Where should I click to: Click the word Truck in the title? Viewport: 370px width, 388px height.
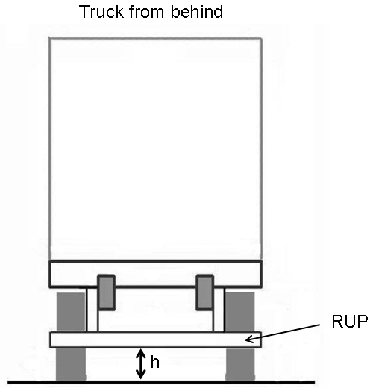[101, 12]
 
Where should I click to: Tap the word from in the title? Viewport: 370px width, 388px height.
[147, 12]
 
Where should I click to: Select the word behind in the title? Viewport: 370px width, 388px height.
[197, 12]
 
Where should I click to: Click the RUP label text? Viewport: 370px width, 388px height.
[350, 322]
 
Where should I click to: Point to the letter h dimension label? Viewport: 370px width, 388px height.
[155, 362]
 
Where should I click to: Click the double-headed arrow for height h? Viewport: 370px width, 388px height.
[141, 363]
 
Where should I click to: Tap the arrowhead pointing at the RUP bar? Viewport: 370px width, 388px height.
[249, 339]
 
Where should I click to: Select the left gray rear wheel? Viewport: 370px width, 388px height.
[71, 337]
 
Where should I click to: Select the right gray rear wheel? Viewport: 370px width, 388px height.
[240, 337]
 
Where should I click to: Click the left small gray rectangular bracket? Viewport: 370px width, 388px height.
[107, 292]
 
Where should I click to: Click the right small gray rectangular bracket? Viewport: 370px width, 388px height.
[205, 292]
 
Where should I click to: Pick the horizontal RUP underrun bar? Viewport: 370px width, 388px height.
[155, 339]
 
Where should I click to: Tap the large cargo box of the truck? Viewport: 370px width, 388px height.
[155, 148]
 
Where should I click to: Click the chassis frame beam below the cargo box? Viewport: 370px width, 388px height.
[155, 274]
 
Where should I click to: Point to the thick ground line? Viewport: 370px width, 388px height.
[161, 382]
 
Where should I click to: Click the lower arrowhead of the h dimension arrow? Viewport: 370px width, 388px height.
[141, 376]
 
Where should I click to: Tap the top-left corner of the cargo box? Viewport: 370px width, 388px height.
[49, 38]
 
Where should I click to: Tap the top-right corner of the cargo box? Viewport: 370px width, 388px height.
[262, 38]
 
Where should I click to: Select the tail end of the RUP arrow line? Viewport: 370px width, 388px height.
[320, 325]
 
